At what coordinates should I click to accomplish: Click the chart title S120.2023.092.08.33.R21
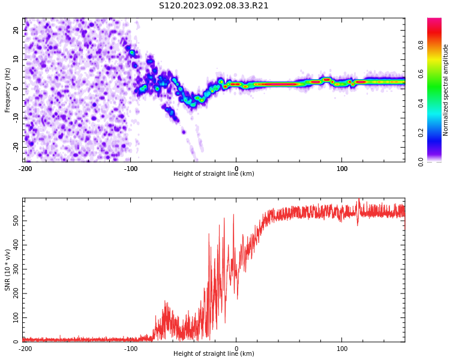click(x=214, y=6)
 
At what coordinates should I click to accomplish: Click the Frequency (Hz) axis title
click(x=7, y=90)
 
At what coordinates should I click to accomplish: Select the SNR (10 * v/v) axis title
click(x=7, y=270)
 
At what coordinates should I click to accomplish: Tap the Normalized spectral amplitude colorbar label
click(x=445, y=90)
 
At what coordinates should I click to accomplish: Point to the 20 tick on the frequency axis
click(x=16, y=30)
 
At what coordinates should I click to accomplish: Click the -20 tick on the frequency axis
click(x=16, y=147)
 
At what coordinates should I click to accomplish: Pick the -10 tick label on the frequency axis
click(x=16, y=118)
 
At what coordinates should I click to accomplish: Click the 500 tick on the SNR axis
click(x=16, y=221)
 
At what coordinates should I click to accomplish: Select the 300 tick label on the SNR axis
click(x=16, y=269)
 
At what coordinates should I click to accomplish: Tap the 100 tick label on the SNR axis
click(x=16, y=317)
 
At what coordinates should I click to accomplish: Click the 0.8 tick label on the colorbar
click(x=421, y=45)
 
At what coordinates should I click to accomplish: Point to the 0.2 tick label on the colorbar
click(x=421, y=133)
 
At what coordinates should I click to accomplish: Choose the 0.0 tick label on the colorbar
click(x=421, y=162)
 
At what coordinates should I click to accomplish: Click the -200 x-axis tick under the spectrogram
click(x=25, y=169)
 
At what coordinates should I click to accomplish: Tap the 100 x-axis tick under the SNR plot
click(x=342, y=349)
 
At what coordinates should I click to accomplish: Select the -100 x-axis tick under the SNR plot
click(x=131, y=349)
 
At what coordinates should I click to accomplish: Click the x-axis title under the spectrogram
click(x=214, y=173)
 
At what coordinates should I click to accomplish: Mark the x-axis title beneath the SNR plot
click(x=214, y=353)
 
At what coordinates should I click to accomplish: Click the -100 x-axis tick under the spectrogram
click(x=131, y=169)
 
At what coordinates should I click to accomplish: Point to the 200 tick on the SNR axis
click(x=16, y=293)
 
